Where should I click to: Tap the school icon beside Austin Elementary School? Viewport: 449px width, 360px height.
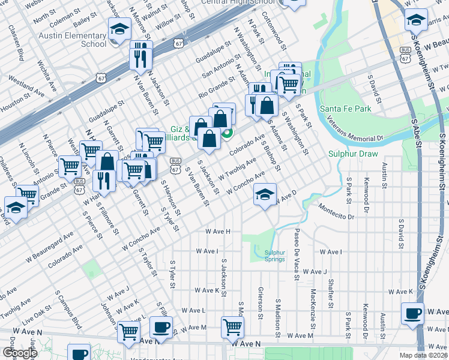pyautogui.click(x=119, y=28)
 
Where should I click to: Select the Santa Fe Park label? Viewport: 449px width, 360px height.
pyautogui.click(x=345, y=109)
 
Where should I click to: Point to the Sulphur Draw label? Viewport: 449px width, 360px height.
pyautogui.click(x=353, y=154)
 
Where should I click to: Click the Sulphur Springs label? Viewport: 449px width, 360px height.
pyautogui.click(x=275, y=256)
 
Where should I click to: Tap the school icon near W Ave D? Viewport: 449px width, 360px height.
pyautogui.click(x=265, y=194)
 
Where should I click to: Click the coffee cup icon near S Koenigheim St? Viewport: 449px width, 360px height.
pyautogui.click(x=412, y=314)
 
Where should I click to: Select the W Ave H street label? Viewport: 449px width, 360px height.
pyautogui.click(x=217, y=231)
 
